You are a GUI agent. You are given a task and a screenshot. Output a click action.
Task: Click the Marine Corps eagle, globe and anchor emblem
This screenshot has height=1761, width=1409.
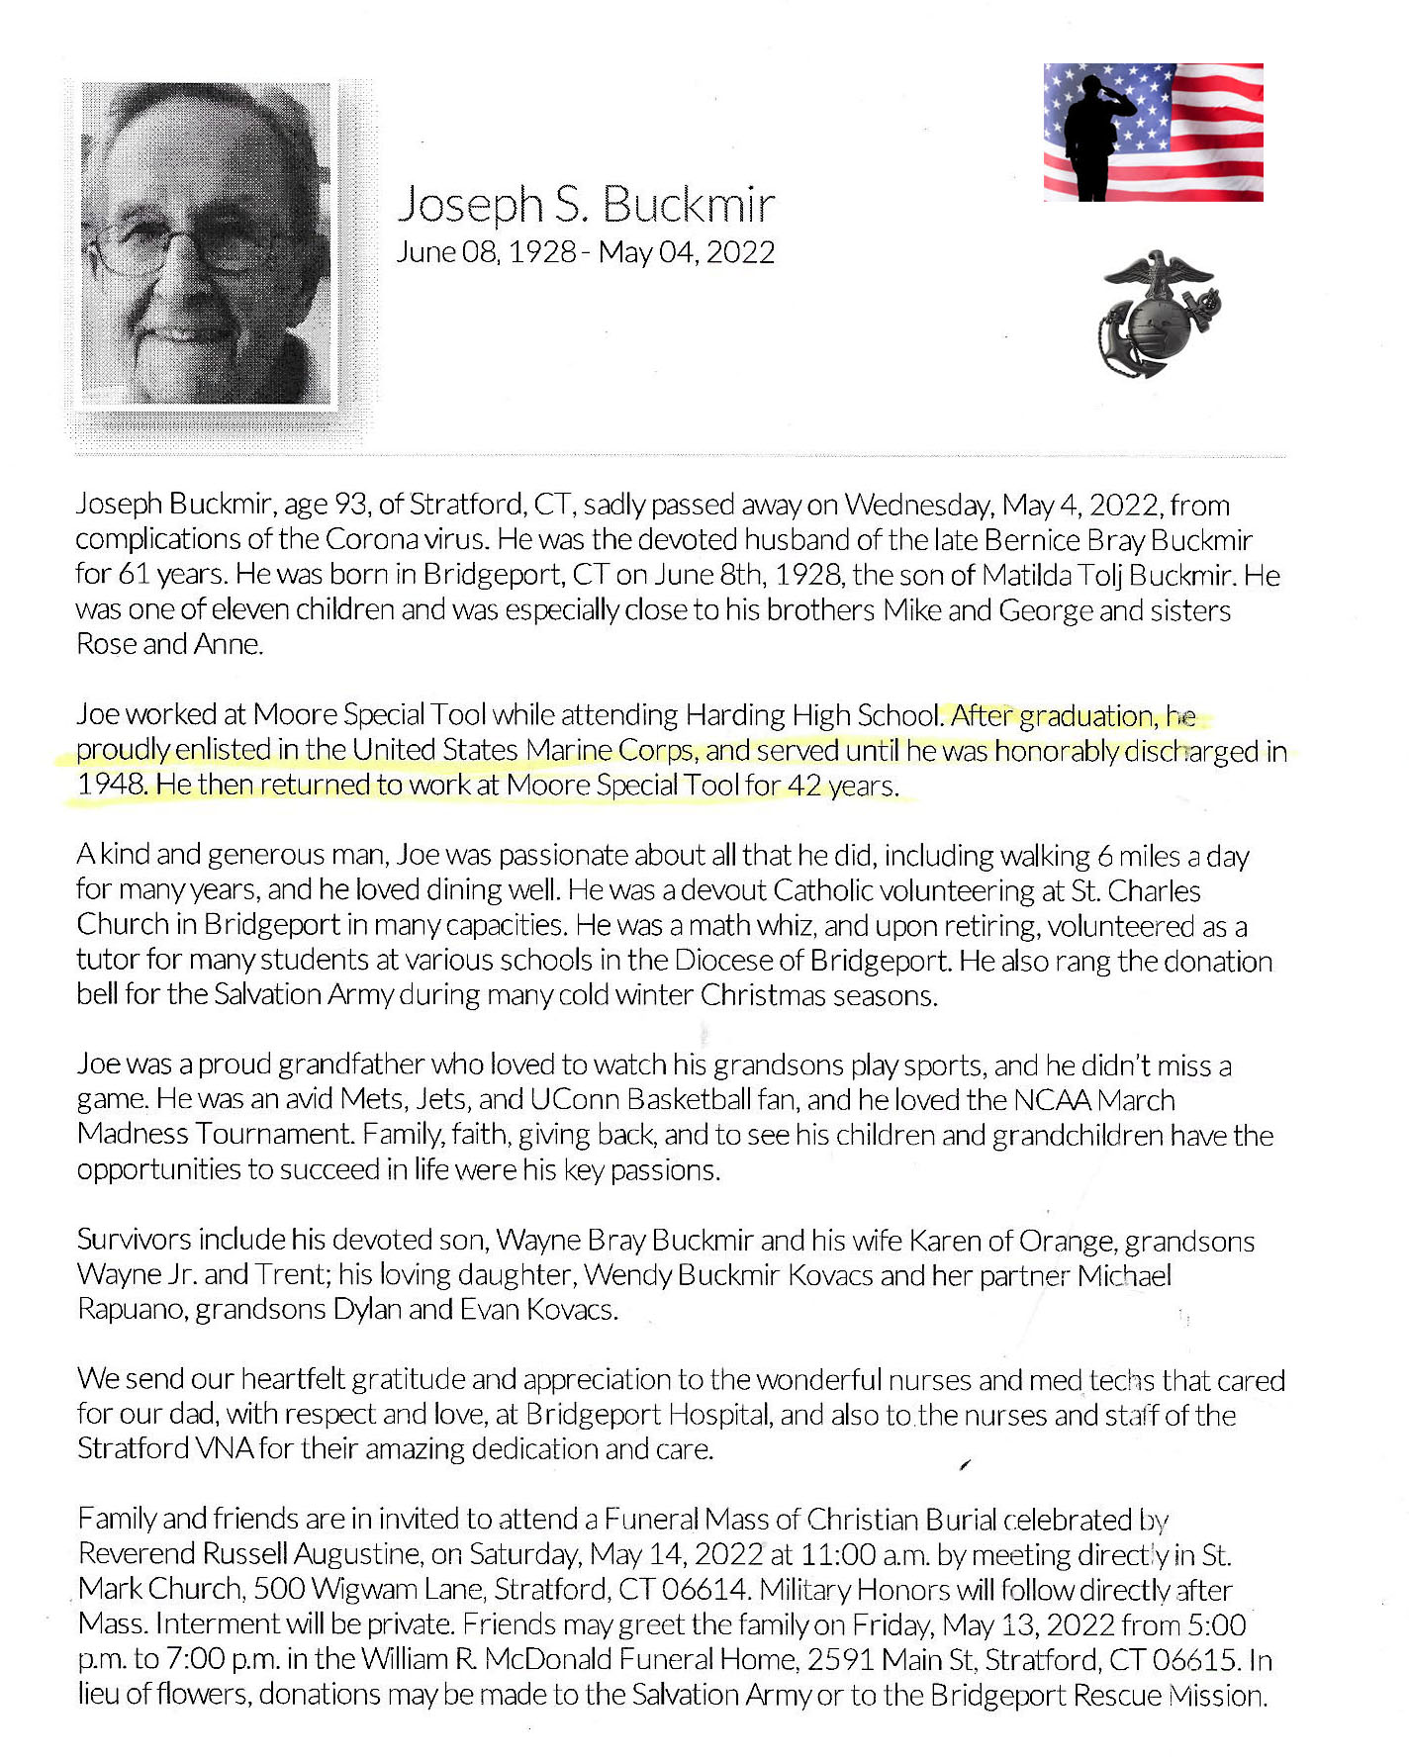1159,315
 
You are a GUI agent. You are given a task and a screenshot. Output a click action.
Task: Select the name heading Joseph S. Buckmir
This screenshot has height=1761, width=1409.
586,204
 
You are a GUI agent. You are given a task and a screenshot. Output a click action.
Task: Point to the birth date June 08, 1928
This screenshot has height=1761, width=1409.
486,252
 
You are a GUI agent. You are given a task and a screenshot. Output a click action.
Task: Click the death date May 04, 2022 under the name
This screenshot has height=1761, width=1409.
687,252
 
